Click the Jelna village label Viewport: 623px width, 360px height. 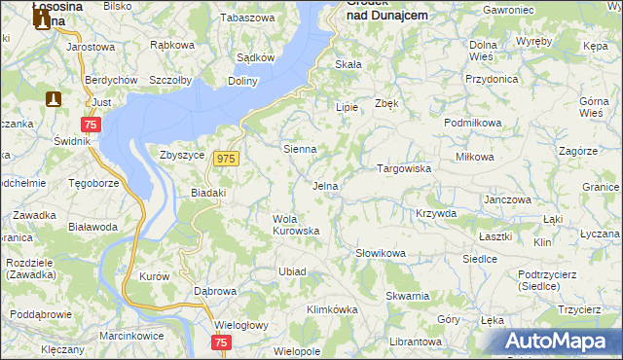[x=325, y=185]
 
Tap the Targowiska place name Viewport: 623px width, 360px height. [x=404, y=168]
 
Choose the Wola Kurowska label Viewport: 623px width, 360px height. [x=296, y=225]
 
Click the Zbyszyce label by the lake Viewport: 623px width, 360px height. [x=182, y=154]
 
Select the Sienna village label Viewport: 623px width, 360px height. [x=299, y=149]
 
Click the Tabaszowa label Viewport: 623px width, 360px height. [x=248, y=18]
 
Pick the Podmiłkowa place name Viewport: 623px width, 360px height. [x=472, y=123]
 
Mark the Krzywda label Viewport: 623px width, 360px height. [x=435, y=213]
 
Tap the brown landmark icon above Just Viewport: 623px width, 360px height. [x=54, y=98]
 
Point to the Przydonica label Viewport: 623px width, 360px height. [x=490, y=80]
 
